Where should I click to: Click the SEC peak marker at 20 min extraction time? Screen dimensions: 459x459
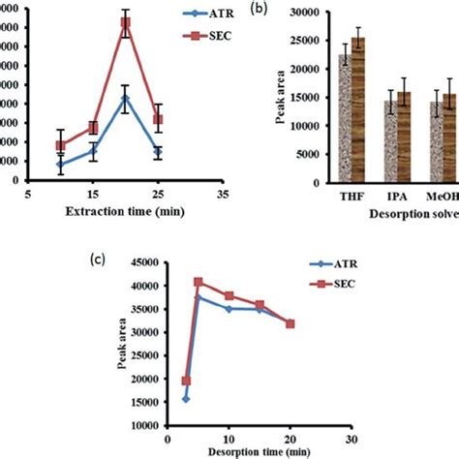151,22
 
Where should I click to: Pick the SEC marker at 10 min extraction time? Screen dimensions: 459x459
60,145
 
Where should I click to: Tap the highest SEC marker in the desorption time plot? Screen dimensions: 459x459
199,282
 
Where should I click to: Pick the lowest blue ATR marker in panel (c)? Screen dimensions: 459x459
186,398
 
